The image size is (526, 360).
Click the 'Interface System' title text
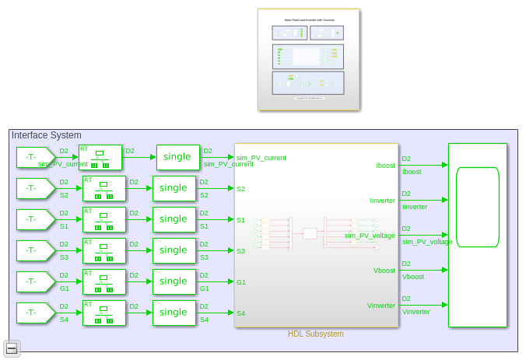46,135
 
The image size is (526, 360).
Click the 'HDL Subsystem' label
315,334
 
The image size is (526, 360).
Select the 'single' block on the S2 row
174,188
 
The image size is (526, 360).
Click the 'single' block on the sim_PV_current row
177,157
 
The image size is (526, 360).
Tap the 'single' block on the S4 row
174,313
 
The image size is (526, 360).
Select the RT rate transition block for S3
103,250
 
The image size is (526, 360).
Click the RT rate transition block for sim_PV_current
100,157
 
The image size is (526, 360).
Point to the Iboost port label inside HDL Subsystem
385,165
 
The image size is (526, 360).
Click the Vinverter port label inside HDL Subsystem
381,306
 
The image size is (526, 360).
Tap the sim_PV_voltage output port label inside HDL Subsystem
370,235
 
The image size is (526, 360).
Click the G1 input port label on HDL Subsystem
241,282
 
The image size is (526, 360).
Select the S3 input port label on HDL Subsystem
241,251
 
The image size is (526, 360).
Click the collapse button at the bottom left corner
11,348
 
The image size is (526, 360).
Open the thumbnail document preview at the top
308,60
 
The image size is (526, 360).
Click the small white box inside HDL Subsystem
310,233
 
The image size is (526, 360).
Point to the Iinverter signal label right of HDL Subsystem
415,207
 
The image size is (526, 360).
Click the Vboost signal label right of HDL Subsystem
412,277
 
